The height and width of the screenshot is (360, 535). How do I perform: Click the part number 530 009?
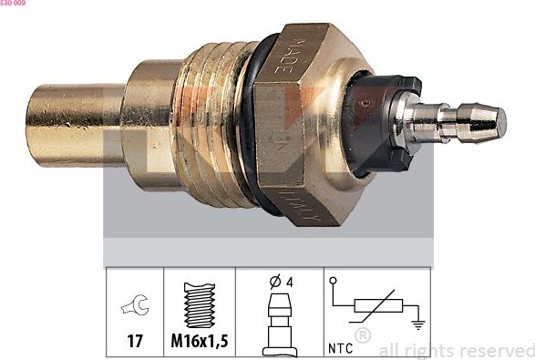pyautogui.click(x=13, y=4)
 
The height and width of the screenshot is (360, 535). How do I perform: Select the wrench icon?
pyautogui.click(x=132, y=309)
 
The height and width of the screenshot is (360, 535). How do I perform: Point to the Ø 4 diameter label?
pyautogui.click(x=279, y=281)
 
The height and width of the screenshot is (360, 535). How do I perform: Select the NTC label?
pyautogui.click(x=339, y=347)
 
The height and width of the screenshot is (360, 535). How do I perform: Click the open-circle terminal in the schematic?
pyautogui.click(x=334, y=281)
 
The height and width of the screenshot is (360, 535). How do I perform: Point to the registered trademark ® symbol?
pyautogui.click(x=362, y=336)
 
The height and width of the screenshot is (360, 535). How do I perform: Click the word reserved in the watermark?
pyautogui.click(x=497, y=349)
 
